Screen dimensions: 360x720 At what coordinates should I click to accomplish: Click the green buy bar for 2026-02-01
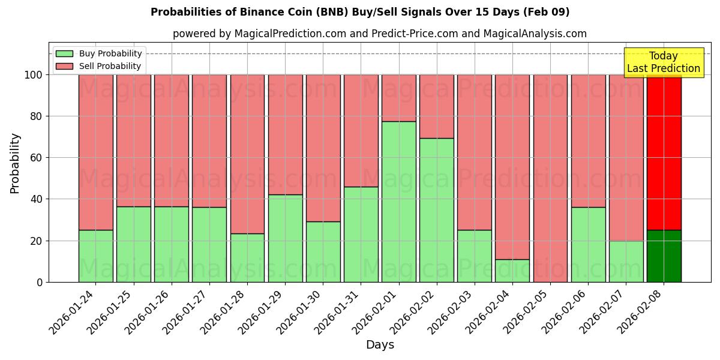pos(399,202)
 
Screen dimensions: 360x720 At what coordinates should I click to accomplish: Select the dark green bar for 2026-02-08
pos(664,256)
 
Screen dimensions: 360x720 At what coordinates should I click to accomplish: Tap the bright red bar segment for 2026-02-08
pos(664,152)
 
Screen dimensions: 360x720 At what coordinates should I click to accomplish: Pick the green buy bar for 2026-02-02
pos(437,210)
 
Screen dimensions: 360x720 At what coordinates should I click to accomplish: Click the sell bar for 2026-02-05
pos(550,178)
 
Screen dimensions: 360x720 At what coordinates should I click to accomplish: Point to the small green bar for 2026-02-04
pos(512,271)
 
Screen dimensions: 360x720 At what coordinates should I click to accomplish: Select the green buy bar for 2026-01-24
pos(96,256)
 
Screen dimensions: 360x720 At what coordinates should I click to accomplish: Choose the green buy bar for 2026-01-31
pos(361,235)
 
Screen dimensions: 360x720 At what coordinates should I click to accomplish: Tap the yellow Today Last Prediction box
pos(663,62)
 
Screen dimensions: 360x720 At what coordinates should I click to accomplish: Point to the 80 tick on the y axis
pos(37,116)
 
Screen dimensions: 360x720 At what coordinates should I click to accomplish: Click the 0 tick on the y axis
pos(40,282)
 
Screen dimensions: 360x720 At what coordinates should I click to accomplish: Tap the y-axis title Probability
pos(15,163)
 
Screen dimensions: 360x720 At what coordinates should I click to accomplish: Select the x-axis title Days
pos(380,345)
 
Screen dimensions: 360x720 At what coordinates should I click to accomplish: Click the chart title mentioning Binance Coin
pos(360,12)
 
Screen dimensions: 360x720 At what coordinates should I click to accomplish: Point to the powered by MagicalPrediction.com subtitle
pos(380,34)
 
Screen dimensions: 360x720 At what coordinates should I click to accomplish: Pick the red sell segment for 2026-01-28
pos(247,154)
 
